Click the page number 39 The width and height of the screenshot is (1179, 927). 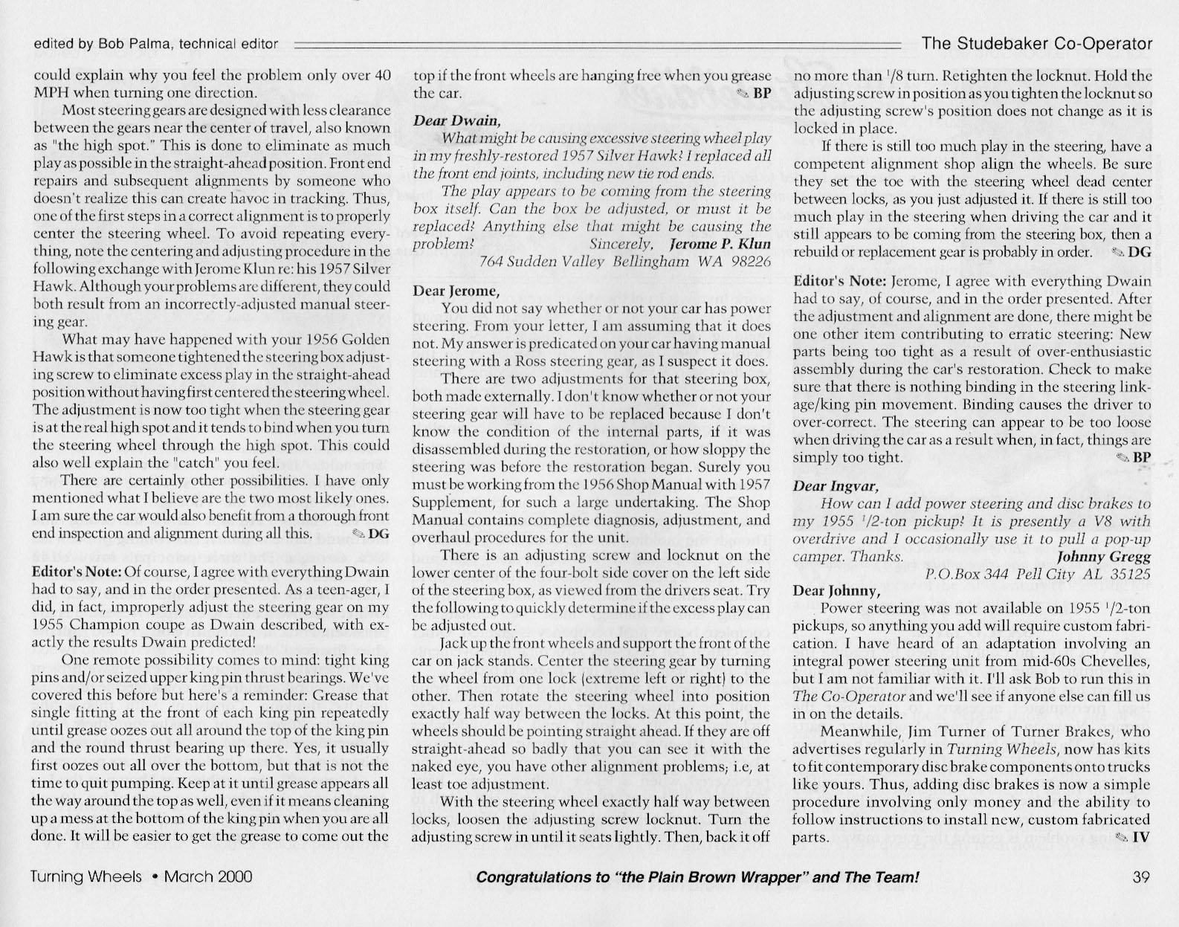(x=1141, y=877)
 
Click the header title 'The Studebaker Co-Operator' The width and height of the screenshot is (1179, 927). (x=1037, y=43)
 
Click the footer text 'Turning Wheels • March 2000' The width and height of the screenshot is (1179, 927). (x=141, y=877)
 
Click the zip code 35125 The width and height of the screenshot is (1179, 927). (x=1128, y=575)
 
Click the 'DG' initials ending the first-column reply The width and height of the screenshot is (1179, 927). (x=378, y=533)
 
